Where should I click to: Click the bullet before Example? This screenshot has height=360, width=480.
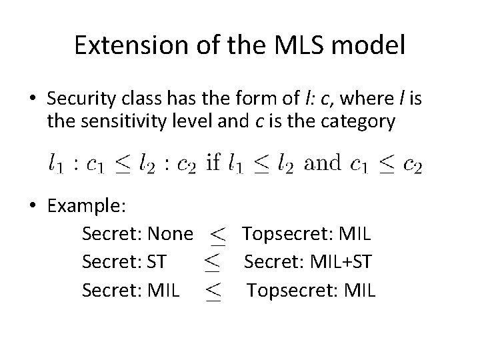pos(33,207)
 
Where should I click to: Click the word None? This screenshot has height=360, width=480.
pos(170,234)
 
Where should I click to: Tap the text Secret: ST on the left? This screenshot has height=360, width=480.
pos(123,262)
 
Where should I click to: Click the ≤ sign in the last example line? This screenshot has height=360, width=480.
pos(213,291)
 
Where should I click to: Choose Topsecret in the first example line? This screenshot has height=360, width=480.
pos(279,234)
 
